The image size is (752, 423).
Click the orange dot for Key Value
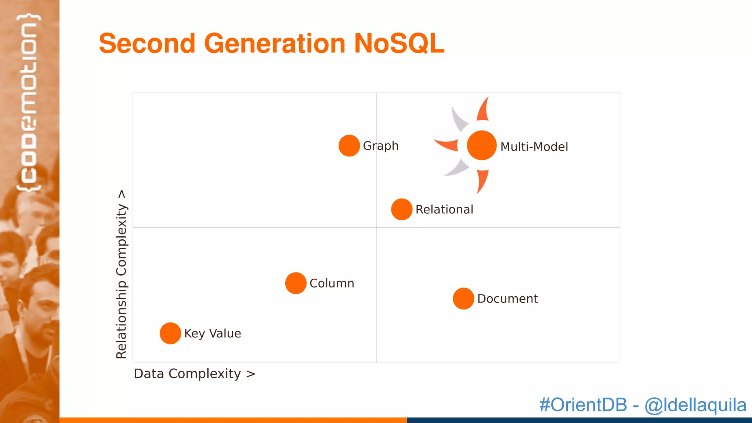(170, 333)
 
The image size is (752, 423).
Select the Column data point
(296, 283)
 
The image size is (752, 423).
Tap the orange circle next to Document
(463, 299)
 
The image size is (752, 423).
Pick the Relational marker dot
(402, 209)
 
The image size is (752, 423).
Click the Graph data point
(349, 145)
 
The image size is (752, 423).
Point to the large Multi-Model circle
(482, 145)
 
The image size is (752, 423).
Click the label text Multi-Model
(534, 147)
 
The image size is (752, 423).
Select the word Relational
(444, 209)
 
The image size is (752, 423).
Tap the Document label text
(507, 299)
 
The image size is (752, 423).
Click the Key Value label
(213, 333)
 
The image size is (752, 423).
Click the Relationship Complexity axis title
(121, 274)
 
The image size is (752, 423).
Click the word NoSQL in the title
(399, 43)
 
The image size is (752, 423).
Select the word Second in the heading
(147, 43)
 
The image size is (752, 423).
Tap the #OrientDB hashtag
(583, 405)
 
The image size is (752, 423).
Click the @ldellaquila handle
(695, 405)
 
